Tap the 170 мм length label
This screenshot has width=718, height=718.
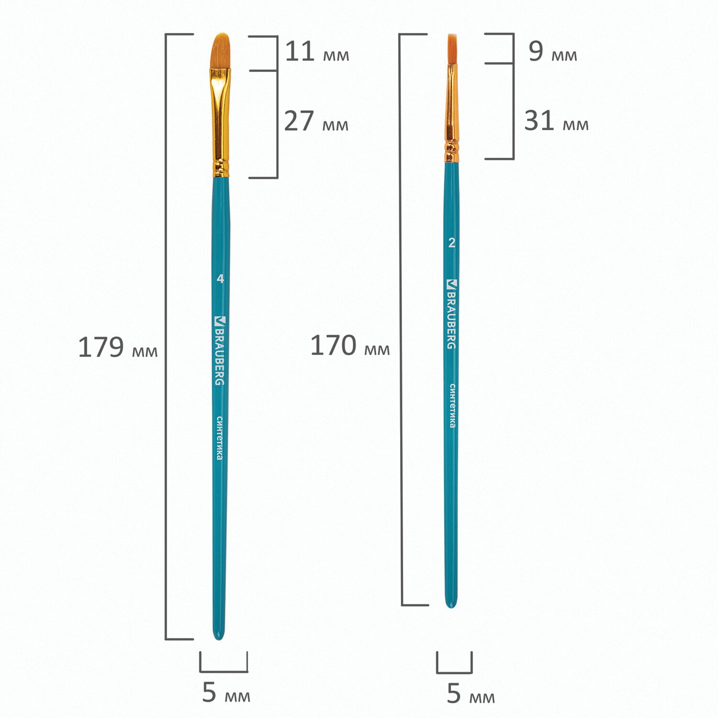point(350,346)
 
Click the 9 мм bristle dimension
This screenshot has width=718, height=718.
point(553,52)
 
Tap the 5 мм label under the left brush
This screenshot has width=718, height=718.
point(226,693)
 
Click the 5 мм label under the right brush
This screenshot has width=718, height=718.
point(471,694)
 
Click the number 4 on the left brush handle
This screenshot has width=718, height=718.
point(220,279)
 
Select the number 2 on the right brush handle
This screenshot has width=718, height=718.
point(452,243)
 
